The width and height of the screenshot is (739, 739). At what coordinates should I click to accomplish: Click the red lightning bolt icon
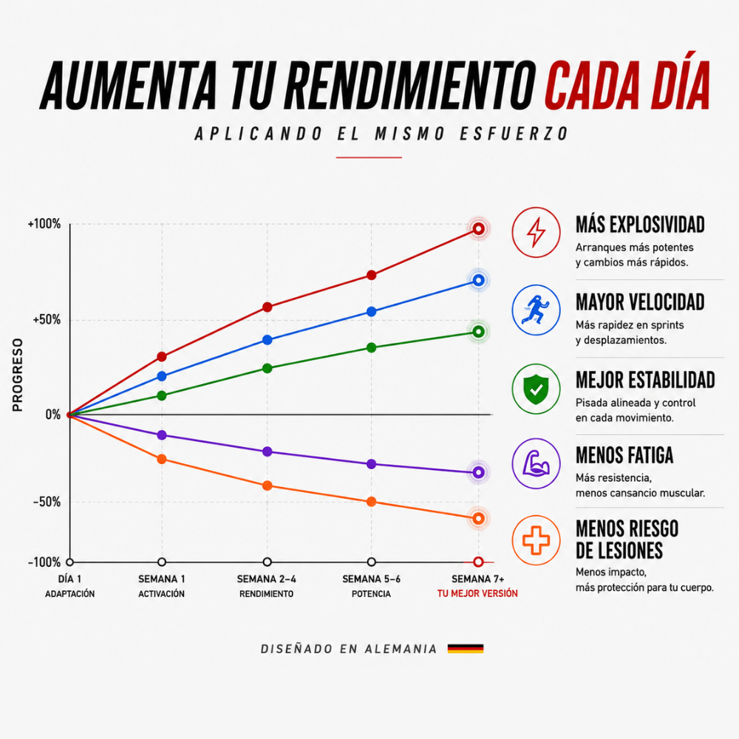click(x=536, y=232)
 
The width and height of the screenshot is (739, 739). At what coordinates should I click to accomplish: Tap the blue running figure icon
click(x=536, y=310)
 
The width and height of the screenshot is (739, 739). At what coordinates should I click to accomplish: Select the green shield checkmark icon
click(x=536, y=389)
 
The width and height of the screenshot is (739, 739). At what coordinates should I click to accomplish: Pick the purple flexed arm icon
click(x=536, y=463)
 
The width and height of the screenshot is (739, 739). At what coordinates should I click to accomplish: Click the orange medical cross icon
click(x=536, y=540)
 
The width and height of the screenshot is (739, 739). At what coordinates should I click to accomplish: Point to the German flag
click(x=465, y=649)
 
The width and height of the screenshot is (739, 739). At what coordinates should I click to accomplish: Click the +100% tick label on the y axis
click(x=44, y=224)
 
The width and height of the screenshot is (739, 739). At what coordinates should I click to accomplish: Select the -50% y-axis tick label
click(x=47, y=502)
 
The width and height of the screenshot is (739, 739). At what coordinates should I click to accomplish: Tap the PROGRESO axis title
click(x=18, y=375)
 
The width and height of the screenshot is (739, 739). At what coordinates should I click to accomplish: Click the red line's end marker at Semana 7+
click(x=478, y=229)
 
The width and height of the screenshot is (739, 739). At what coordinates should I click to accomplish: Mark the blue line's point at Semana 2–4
click(x=268, y=340)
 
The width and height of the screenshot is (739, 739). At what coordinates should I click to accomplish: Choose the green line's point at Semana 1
click(x=162, y=395)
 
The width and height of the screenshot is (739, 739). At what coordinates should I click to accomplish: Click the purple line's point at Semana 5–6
click(x=372, y=464)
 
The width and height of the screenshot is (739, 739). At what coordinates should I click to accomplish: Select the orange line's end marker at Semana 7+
click(x=478, y=519)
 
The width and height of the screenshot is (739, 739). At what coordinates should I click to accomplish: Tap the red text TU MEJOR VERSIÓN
click(x=477, y=593)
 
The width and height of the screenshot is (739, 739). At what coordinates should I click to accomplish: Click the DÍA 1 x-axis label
click(x=69, y=579)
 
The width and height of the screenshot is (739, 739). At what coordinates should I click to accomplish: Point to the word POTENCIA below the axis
click(x=372, y=594)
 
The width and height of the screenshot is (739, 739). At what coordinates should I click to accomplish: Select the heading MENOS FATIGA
click(x=624, y=455)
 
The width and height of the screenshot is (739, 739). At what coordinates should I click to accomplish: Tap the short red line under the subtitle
click(x=369, y=157)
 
